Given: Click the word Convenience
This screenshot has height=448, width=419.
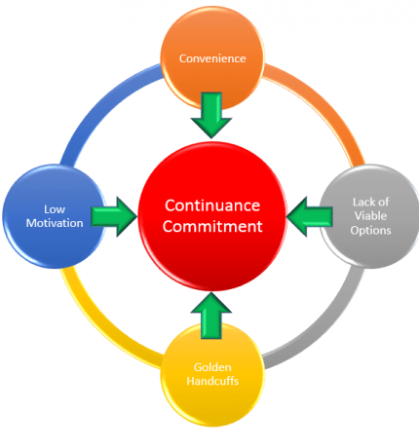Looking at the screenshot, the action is point(212,58).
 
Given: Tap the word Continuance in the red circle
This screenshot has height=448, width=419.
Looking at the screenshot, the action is point(212,205).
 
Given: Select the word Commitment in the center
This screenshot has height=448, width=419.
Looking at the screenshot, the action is point(212,226).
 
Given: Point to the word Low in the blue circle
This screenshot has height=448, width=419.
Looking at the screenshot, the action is point(55,209).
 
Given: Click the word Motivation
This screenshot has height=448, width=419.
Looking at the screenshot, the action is point(55,223).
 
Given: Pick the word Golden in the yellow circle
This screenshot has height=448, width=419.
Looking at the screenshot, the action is point(212,367).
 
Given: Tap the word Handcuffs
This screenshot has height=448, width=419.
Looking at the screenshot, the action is point(212,381).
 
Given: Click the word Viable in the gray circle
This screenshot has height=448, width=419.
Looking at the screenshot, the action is point(370,215).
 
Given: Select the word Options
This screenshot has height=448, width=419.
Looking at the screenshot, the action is point(370,230).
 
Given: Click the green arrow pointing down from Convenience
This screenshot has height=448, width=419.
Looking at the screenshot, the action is point(211,115).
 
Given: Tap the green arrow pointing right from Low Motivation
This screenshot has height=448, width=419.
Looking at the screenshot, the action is point(114,216).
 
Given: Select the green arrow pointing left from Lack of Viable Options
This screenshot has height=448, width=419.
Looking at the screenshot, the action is point(310,216).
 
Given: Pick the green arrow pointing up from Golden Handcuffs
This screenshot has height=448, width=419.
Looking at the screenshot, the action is point(211,316).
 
